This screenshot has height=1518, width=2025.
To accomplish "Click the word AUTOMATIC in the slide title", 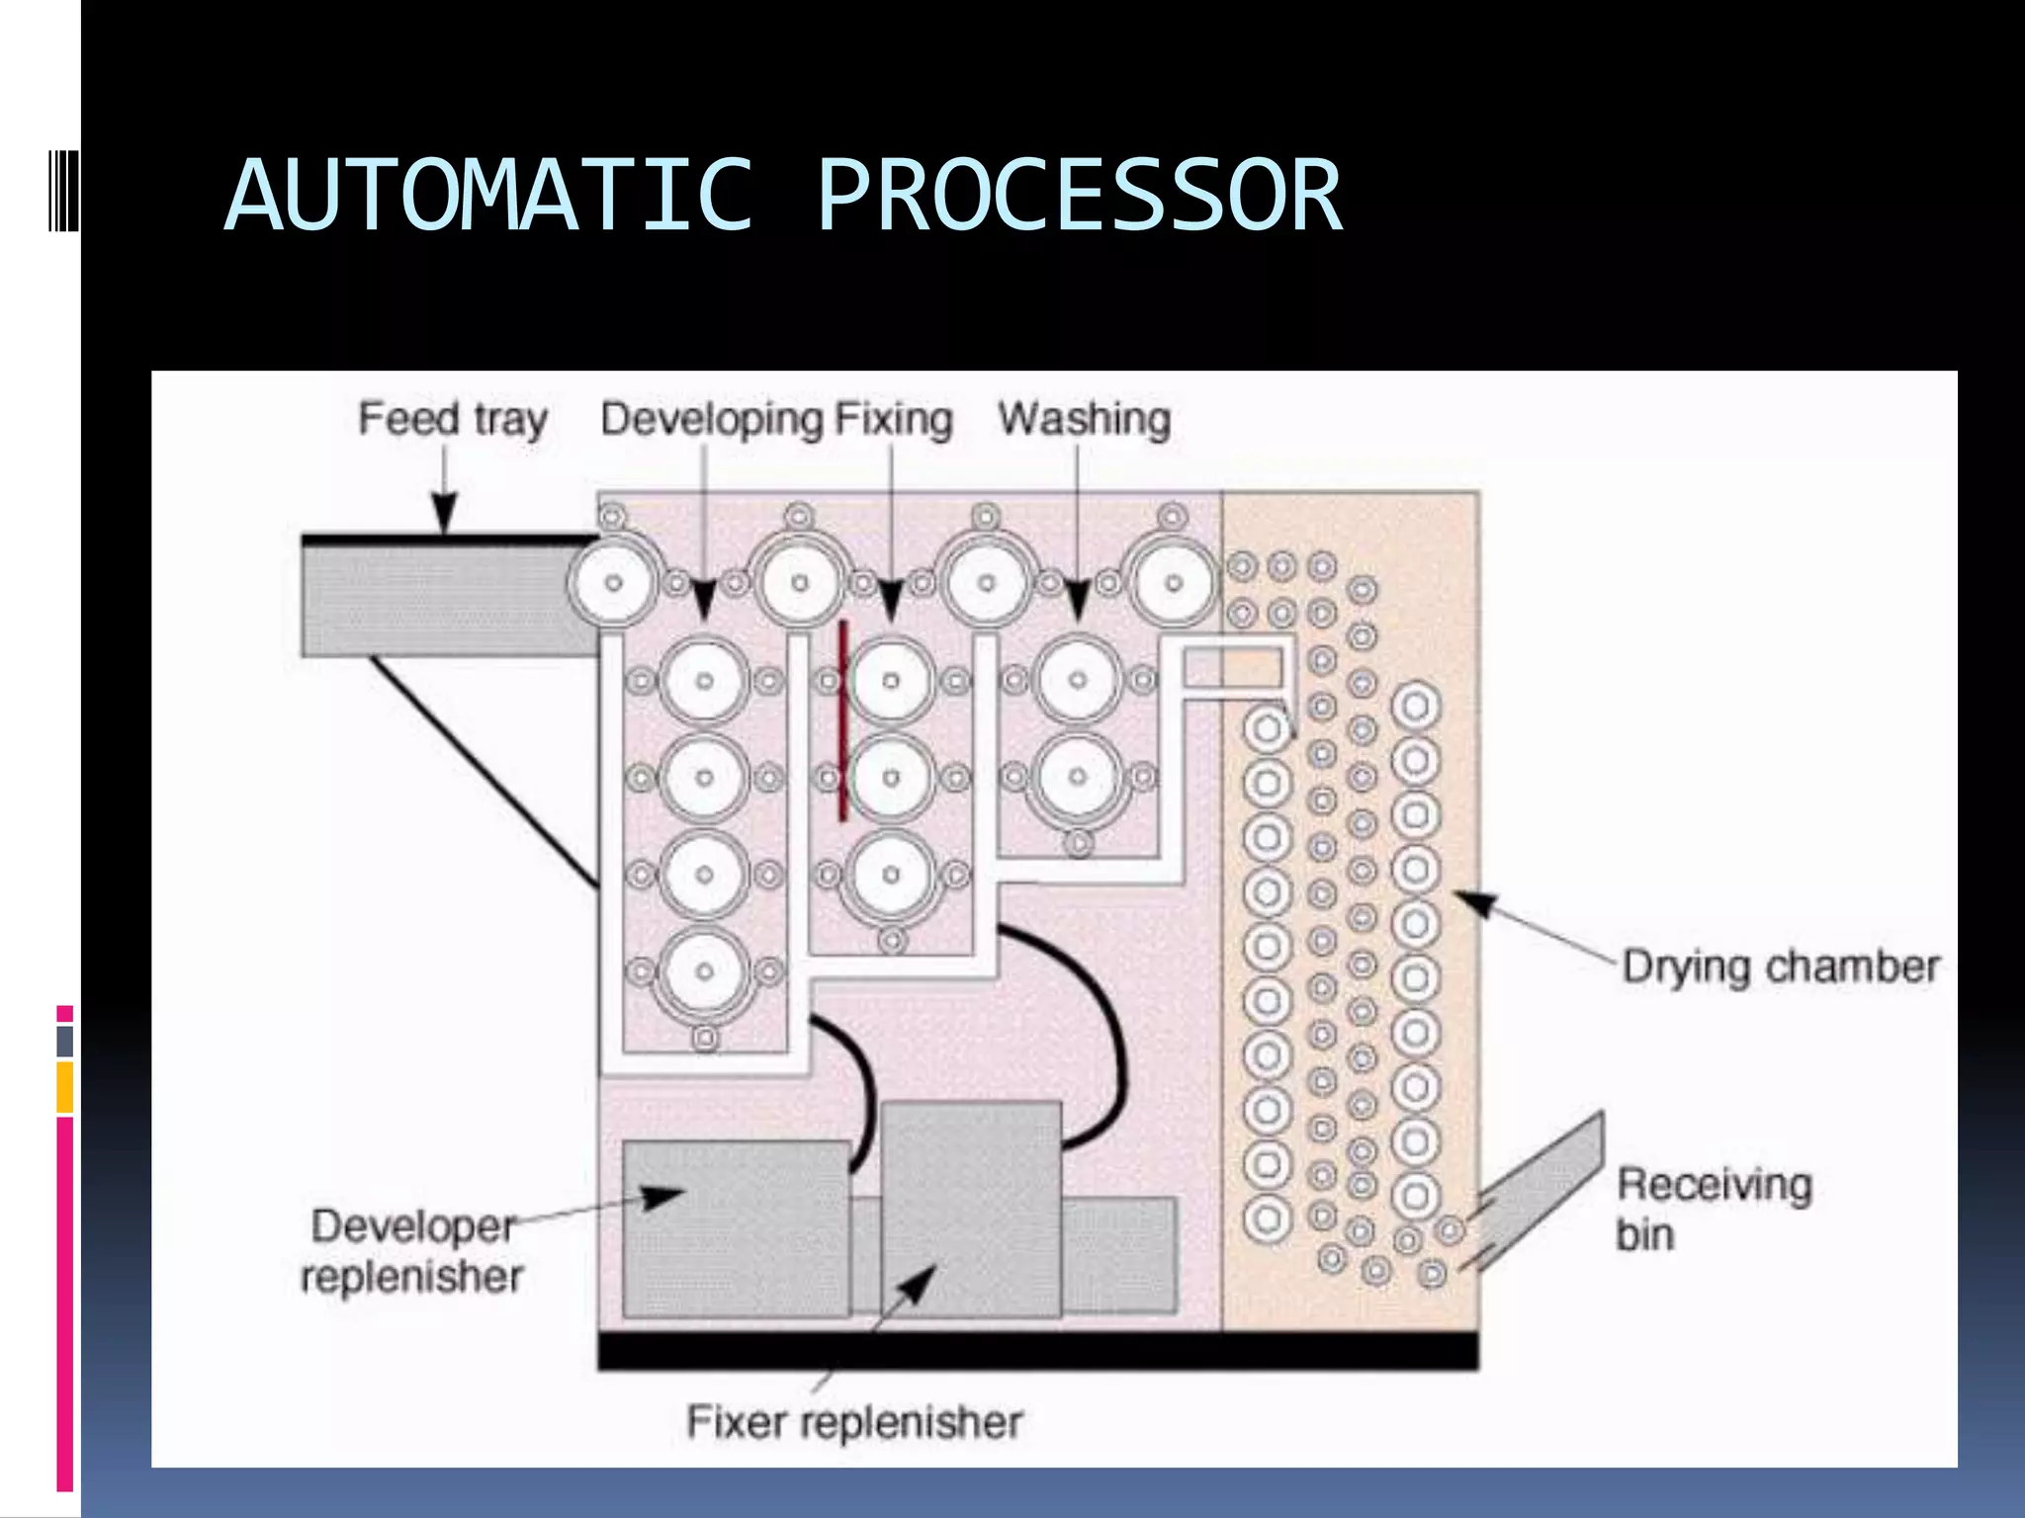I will (x=489, y=196).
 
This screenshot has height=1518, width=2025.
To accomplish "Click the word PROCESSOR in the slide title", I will (x=1079, y=196).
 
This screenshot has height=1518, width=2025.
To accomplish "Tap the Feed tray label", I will (x=452, y=418).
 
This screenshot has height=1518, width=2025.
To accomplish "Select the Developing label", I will (x=711, y=419).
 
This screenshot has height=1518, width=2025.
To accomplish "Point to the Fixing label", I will (x=893, y=419).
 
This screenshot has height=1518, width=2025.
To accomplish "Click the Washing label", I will (x=1084, y=419).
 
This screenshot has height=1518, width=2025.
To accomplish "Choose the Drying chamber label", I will (x=1780, y=967).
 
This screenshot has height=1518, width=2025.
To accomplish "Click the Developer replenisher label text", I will (x=412, y=1251).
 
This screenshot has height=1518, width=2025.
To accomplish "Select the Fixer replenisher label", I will (x=854, y=1422).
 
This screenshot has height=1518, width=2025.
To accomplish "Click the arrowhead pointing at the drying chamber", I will (x=1473, y=900).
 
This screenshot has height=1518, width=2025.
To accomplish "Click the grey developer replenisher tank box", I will (x=736, y=1229).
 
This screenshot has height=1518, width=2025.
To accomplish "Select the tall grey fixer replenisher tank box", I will (x=971, y=1208).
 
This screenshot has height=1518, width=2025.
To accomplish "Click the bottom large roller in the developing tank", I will (x=704, y=971).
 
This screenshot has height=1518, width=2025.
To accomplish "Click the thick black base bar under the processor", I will (x=1038, y=1351).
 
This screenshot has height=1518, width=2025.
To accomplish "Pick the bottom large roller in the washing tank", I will (x=1078, y=777).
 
